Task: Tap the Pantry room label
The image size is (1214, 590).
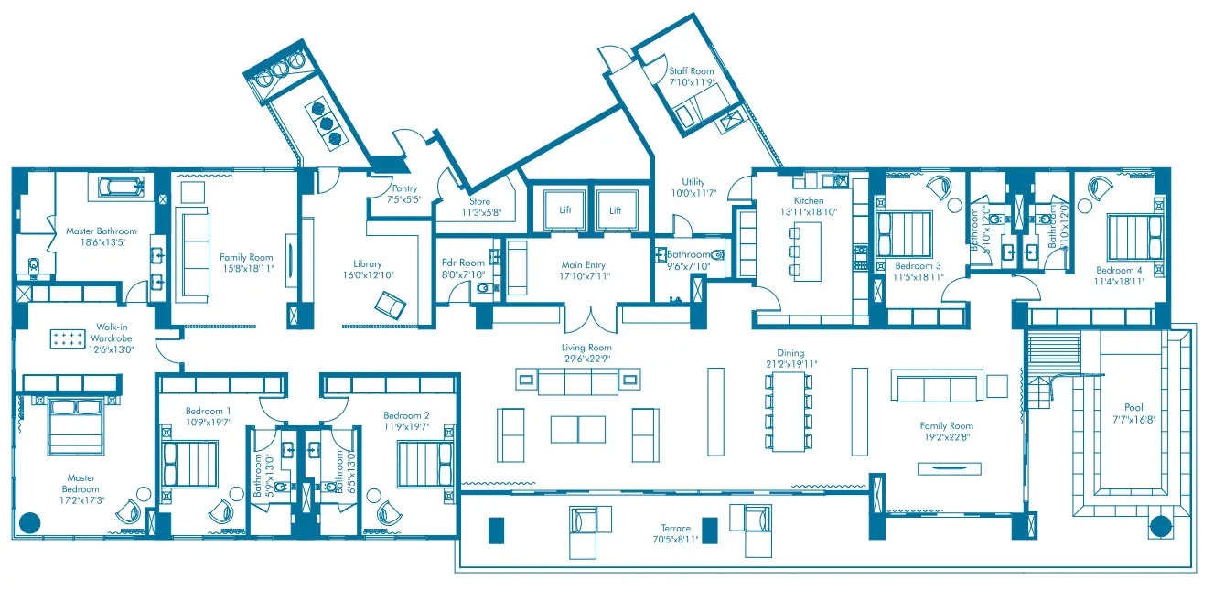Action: [403, 189]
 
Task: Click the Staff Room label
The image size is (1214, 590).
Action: [692, 71]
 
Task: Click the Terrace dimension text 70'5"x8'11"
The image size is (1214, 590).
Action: [675, 540]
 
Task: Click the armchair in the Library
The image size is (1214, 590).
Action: [391, 303]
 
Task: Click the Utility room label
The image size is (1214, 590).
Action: [693, 182]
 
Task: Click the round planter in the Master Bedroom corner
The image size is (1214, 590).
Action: [30, 522]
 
